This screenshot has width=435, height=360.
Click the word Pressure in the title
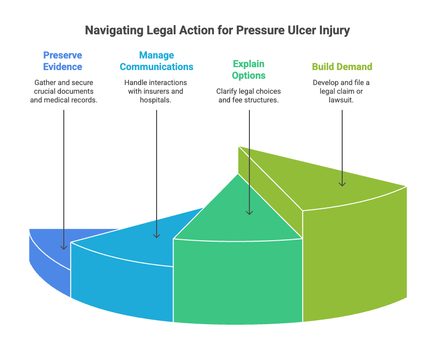pyautogui.click(x=260, y=30)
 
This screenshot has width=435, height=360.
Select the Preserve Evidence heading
pyautogui.click(x=63, y=61)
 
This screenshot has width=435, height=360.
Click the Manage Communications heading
pyautogui.click(x=157, y=61)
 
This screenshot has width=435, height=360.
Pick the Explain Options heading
pyautogui.click(x=248, y=70)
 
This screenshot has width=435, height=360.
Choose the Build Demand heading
pyautogui.click(x=342, y=67)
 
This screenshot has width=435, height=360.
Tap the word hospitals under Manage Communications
pyautogui.click(x=155, y=100)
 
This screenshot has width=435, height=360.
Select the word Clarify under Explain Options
pyautogui.click(x=226, y=91)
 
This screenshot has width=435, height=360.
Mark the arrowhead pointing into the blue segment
pyautogui.click(x=64, y=247)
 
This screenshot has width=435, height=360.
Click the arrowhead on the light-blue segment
pyautogui.click(x=157, y=236)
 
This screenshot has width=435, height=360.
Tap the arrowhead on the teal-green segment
pyautogui.click(x=249, y=213)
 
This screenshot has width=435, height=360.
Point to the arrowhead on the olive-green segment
pyautogui.click(x=342, y=184)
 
